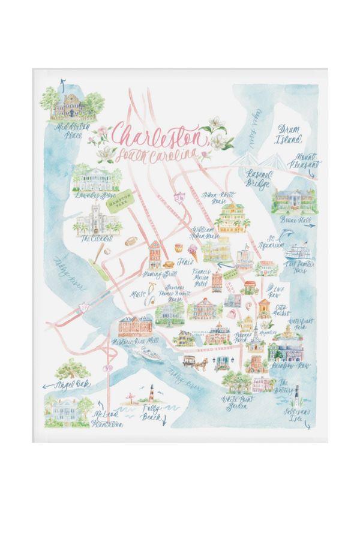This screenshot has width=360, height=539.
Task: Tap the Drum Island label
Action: (289, 134)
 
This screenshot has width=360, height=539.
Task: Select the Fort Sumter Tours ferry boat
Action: (297, 250)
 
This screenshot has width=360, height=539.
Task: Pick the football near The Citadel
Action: (130, 243)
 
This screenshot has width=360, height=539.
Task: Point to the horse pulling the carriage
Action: (202, 363)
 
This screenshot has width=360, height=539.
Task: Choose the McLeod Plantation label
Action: (107, 419)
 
